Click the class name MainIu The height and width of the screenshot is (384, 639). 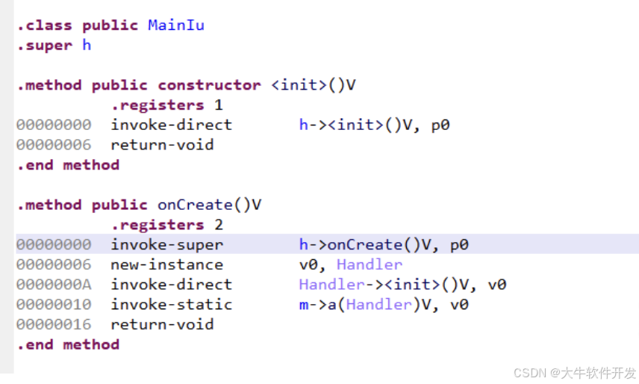tap(176, 25)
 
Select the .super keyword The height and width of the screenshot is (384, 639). tap(45, 45)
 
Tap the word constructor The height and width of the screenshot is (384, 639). tap(209, 85)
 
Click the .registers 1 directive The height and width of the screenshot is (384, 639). tap(166, 105)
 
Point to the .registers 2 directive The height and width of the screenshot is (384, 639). tap(166, 225)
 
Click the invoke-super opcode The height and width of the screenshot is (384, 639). tap(166, 244)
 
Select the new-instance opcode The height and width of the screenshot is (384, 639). tap(166, 264)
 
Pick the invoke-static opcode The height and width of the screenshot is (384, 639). tap(171, 304)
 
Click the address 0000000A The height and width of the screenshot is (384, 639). tap(54, 285)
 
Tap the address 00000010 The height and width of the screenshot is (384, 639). tap(54, 304)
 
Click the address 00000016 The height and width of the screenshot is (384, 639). tap(54, 324)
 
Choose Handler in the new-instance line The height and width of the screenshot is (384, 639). tap(369, 264)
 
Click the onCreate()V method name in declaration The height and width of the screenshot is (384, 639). tap(210, 205)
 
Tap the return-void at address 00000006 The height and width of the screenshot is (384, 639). tap(162, 145)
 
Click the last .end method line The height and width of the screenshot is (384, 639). tap(68, 344)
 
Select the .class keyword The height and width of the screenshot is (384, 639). tap(45, 25)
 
